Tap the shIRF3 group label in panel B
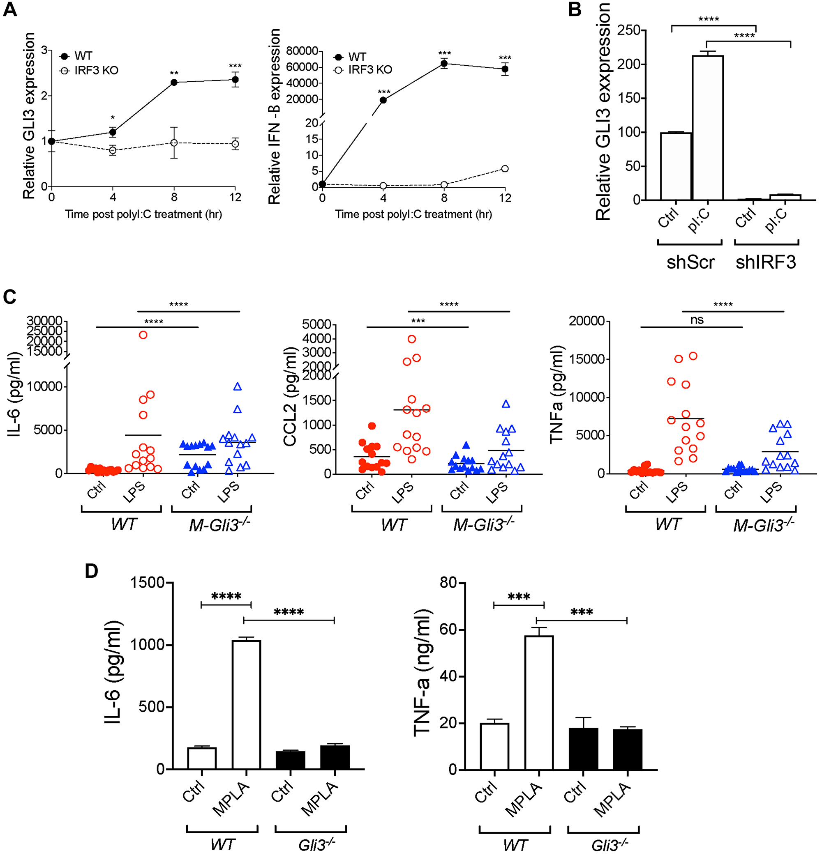click(x=766, y=262)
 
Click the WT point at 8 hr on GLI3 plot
click(x=174, y=83)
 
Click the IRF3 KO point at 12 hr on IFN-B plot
click(x=505, y=169)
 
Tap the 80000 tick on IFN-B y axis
click(x=302, y=51)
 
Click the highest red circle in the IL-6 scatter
click(x=143, y=335)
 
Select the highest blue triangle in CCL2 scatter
click(x=506, y=404)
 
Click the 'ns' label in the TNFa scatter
click(x=697, y=320)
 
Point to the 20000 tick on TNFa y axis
click(x=586, y=321)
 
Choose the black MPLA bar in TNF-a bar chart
click(x=627, y=749)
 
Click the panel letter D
click(x=91, y=571)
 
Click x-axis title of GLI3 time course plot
click(x=143, y=215)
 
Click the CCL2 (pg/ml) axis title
click(x=290, y=397)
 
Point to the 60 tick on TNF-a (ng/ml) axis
click(x=448, y=630)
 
